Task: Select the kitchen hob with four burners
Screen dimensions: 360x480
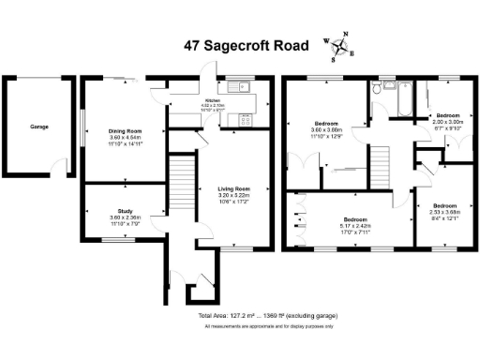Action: [246, 118]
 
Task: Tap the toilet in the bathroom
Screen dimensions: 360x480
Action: [376, 90]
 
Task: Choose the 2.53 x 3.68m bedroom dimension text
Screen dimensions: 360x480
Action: [444, 213]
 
